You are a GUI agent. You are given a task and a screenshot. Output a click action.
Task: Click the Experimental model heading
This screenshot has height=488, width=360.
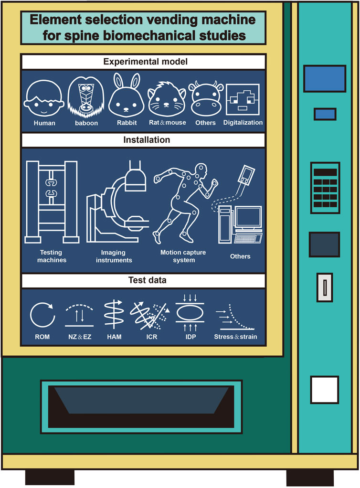[143, 62]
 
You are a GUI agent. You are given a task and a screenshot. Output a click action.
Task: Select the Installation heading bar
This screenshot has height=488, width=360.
[143, 140]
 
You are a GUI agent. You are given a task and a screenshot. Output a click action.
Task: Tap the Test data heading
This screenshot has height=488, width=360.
[143, 281]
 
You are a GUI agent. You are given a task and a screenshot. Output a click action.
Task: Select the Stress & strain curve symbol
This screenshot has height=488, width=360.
[235, 315]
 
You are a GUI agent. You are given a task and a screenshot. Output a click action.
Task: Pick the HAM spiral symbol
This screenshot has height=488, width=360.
[115, 315]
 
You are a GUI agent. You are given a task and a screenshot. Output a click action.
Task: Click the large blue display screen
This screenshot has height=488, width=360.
[324, 78]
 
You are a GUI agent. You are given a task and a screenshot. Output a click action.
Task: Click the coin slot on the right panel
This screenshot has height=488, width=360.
[324, 287]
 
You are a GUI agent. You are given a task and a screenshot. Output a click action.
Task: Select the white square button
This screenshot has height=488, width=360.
[324, 390]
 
